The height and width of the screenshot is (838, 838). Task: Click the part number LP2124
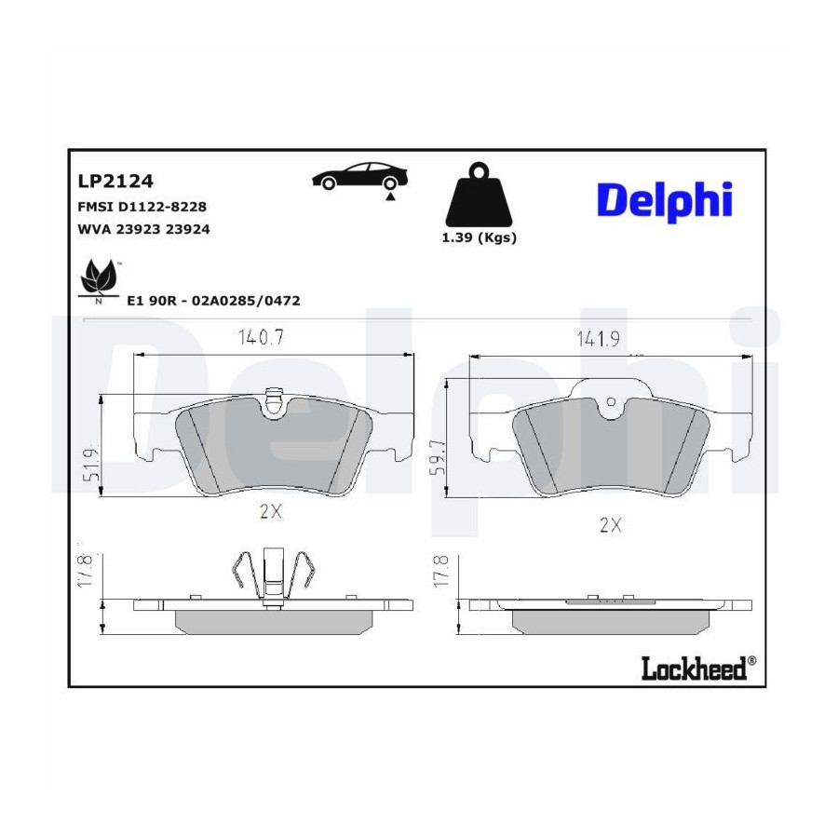click(x=115, y=182)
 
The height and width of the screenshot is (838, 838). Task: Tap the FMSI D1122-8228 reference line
click(x=142, y=207)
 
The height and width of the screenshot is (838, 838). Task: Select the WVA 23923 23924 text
click(x=143, y=229)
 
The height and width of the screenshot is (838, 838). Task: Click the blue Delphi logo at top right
click(x=664, y=201)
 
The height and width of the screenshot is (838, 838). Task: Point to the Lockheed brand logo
click(x=698, y=668)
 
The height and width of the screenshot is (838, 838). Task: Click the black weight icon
click(x=479, y=195)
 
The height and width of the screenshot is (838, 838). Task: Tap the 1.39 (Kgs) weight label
click(x=479, y=237)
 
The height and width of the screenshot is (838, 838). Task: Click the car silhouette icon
click(x=359, y=176)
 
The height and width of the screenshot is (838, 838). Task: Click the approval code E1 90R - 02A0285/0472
click(x=213, y=301)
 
